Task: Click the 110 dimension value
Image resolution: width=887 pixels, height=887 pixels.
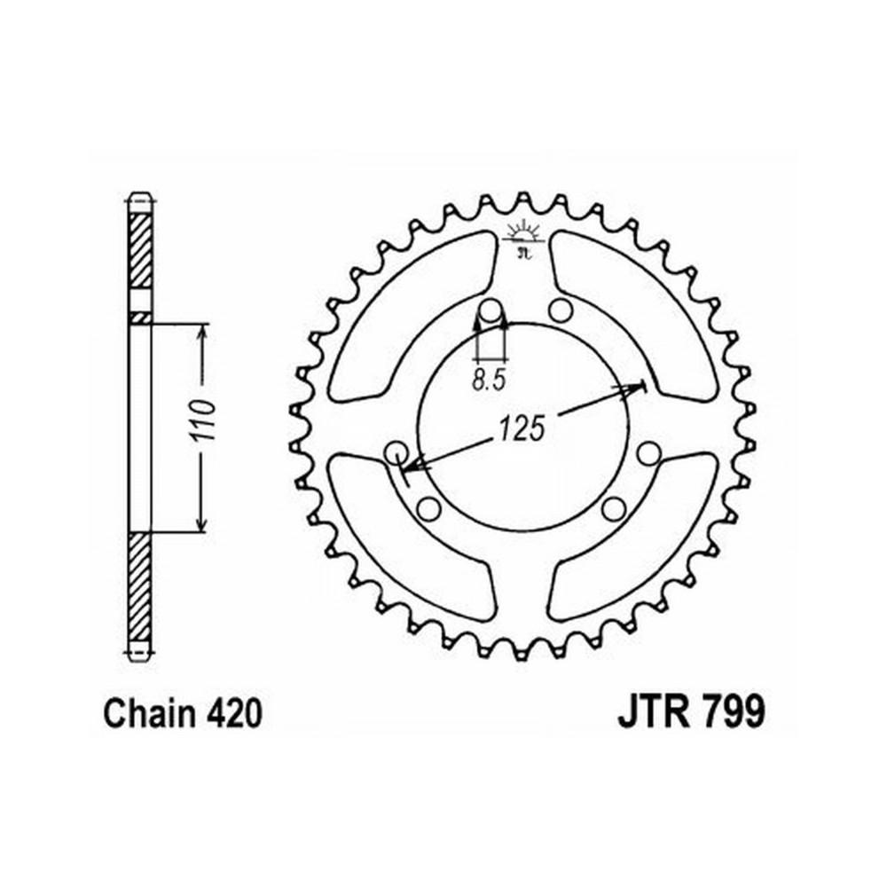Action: [203, 420]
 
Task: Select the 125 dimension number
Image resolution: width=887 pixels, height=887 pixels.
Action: [522, 428]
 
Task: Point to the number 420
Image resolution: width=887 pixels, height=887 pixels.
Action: [233, 713]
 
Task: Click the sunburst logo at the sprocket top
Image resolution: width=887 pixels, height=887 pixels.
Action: [524, 237]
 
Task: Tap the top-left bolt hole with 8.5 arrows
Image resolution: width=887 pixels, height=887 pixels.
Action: [491, 311]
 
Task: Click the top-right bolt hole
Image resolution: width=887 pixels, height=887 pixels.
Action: [560, 310]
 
